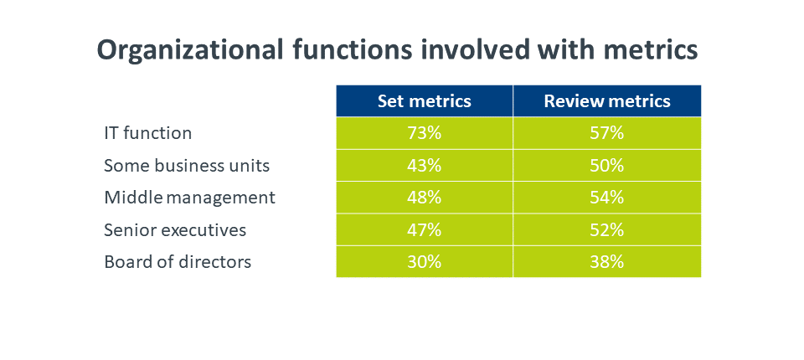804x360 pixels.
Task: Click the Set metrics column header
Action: [424, 101]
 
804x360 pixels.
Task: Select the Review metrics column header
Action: [607, 101]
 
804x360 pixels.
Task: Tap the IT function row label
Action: [147, 133]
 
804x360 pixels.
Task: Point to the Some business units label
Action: [187, 166]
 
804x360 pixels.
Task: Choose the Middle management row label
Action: [190, 198]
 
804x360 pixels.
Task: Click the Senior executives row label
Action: [175, 229]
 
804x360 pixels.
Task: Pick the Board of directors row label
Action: [178, 261]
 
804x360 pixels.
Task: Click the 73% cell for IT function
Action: [424, 133]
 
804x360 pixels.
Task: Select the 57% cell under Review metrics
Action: [607, 133]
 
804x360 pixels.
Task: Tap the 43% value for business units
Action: [424, 166]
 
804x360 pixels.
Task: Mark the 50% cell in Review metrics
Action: [607, 166]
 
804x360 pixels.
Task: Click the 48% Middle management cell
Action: [424, 198]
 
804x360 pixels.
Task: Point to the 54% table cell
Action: [607, 198]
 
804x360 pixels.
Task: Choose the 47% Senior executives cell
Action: [424, 229]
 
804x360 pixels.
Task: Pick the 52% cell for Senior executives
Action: [607, 229]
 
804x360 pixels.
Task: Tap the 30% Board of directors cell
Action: [424, 261]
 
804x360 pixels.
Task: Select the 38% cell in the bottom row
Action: [607, 261]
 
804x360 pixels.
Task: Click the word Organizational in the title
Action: [190, 50]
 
